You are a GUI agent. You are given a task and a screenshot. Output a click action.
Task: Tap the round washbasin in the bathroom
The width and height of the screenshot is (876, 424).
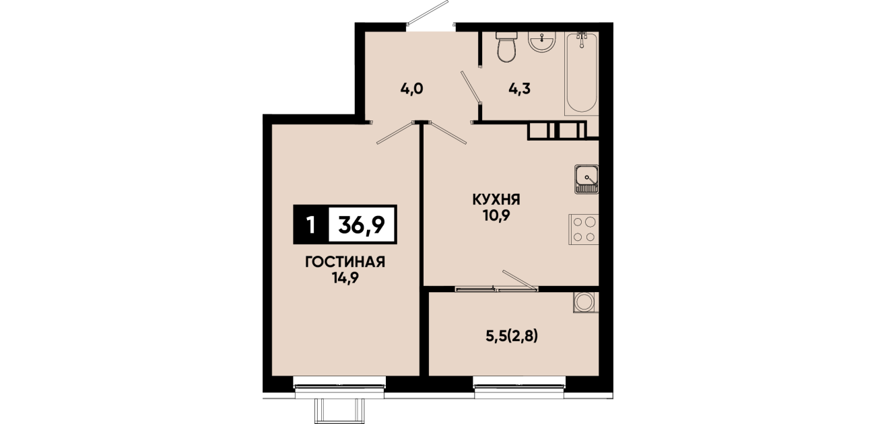[x=541, y=41]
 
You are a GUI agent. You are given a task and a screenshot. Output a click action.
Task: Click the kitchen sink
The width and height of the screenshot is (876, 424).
[x=586, y=180]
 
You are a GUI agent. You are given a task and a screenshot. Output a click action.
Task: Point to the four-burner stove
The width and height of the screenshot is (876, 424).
[x=584, y=229]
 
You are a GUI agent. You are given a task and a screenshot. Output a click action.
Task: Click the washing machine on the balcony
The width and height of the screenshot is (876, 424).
[x=585, y=302]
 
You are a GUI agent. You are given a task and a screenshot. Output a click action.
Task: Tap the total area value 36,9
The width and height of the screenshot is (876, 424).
[x=362, y=225]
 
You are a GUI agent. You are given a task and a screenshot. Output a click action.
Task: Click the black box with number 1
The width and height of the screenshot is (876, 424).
[x=311, y=225]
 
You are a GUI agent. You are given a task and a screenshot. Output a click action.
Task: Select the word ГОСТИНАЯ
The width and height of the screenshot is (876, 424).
[x=345, y=262]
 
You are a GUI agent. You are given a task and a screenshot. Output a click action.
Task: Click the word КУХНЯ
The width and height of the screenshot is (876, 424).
[x=496, y=200]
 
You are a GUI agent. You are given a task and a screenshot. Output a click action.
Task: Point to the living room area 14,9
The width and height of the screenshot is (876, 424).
[x=345, y=278]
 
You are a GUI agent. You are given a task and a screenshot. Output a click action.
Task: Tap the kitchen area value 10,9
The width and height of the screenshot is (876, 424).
[x=497, y=216]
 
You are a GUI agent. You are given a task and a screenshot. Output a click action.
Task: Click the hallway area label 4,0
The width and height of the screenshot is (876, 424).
[x=412, y=89]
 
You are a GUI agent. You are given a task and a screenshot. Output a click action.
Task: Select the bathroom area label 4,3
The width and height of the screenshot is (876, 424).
[x=519, y=89]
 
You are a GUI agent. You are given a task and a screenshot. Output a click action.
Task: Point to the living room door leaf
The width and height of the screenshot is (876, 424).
[x=395, y=133]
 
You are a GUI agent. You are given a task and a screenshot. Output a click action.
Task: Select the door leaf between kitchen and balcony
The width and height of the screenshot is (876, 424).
[x=520, y=280]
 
